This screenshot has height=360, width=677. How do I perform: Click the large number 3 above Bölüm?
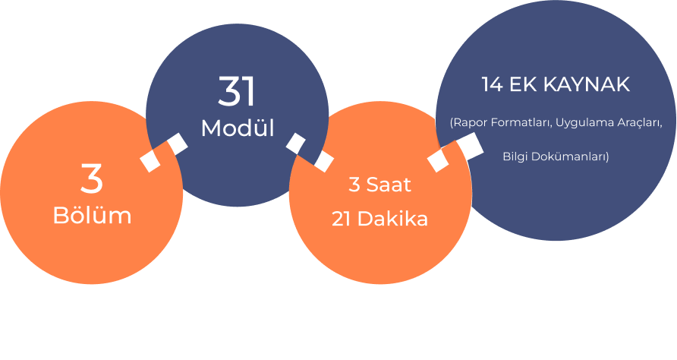point(92,179)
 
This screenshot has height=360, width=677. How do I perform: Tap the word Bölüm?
point(92,215)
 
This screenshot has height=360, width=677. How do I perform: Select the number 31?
point(237,91)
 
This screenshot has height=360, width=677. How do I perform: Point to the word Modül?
point(238,128)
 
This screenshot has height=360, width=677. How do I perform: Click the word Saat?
point(389,185)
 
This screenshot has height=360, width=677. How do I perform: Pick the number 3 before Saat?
point(354,185)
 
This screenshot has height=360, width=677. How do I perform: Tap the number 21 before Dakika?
point(341,219)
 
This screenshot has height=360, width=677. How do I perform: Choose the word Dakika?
point(392,219)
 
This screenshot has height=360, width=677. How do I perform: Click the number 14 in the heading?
point(493,84)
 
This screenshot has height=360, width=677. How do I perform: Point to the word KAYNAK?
point(587,84)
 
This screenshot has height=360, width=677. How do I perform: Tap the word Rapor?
point(466,123)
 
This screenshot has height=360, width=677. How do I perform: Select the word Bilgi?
point(515,156)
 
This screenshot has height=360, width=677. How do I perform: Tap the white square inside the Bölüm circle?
point(150,161)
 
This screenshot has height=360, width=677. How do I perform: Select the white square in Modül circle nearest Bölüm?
point(178,144)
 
